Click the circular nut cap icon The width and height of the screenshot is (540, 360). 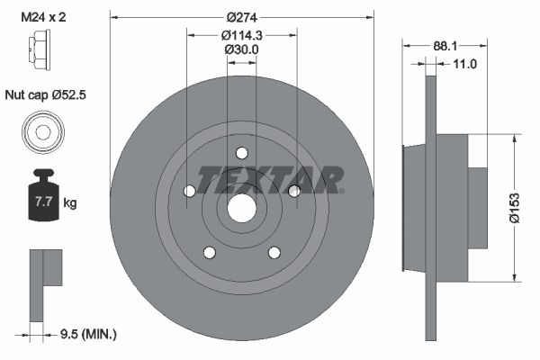(42, 133)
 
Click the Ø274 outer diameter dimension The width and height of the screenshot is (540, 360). (241, 17)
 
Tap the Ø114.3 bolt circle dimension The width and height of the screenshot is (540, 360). (241, 35)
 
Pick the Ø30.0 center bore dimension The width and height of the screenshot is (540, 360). (241, 49)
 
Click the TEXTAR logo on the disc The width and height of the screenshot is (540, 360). (270, 178)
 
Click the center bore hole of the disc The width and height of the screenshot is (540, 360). (241, 207)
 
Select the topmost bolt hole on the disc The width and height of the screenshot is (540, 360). (241, 152)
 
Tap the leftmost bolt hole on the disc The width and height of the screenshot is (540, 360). (189, 191)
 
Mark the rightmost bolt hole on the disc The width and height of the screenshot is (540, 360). (293, 190)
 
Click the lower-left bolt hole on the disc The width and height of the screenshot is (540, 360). (209, 252)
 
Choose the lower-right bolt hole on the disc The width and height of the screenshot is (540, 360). (274, 252)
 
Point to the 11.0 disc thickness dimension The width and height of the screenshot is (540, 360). (464, 64)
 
